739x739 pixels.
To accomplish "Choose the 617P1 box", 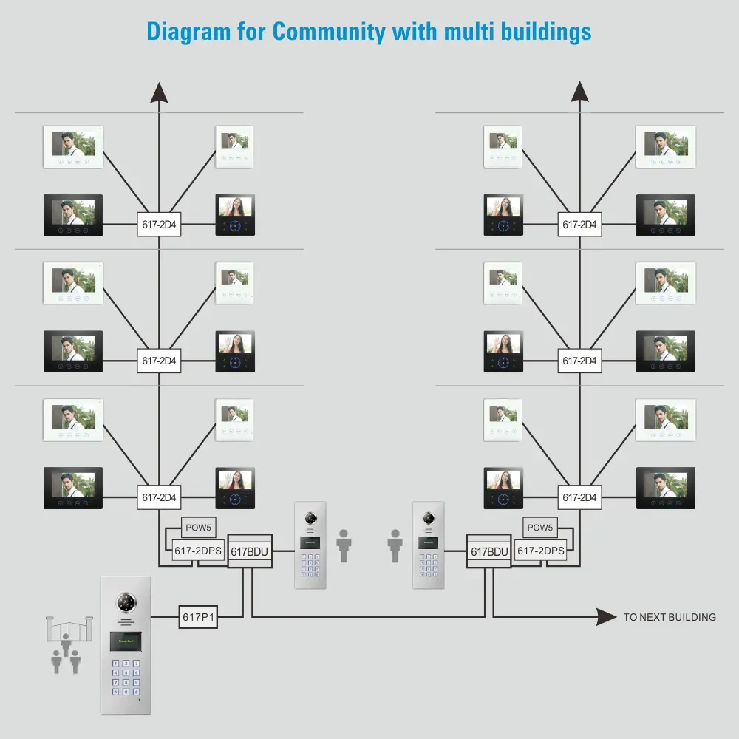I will pos(199,617).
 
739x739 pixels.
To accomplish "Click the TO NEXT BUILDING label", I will pos(670,617).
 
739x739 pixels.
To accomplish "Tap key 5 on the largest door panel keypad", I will pos(126,672).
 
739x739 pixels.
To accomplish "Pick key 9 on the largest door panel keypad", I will pos(136,682).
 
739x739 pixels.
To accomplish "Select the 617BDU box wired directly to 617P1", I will pos(249,551).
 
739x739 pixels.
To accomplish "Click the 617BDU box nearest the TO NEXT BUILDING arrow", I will pos(488,551).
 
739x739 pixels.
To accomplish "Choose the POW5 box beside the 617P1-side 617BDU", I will pos(199,528).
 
